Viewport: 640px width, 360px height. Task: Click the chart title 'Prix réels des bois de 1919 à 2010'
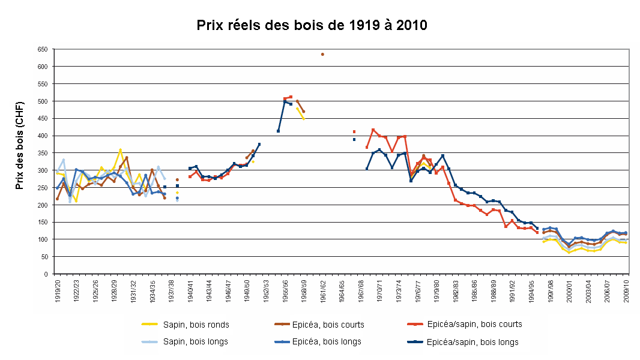point(312,25)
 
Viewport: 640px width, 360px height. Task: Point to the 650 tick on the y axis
point(42,49)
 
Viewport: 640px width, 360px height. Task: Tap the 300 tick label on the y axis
point(42,170)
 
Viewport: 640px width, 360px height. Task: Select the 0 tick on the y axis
point(46,274)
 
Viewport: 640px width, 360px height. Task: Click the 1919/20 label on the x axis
point(58,291)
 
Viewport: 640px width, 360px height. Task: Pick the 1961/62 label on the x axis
point(323,291)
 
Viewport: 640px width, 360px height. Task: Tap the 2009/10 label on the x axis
point(627,291)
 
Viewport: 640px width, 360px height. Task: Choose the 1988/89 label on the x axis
point(494,291)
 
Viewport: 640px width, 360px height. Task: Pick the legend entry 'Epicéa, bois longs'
point(329,341)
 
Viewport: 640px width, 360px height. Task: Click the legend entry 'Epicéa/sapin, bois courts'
point(474,324)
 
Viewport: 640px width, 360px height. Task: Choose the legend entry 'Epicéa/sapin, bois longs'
point(472,342)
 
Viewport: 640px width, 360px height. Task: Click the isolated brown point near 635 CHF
point(322,55)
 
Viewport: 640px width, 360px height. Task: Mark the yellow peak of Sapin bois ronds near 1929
point(121,150)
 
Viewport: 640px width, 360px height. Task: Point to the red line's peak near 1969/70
point(373,130)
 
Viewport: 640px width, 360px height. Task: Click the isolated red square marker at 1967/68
point(354,131)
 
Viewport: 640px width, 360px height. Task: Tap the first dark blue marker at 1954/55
point(279,131)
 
